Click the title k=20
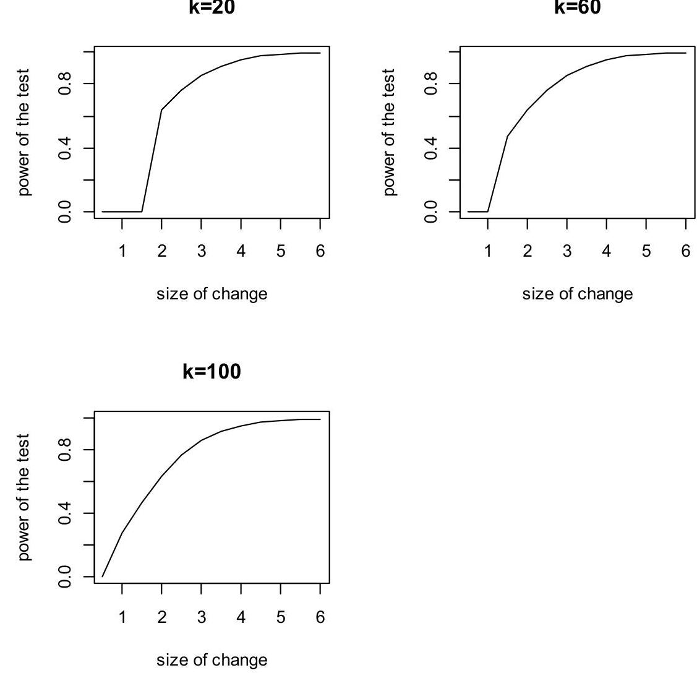212,7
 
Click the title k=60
578,7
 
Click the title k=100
212,372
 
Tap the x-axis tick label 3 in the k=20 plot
201,251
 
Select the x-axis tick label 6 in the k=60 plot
686,251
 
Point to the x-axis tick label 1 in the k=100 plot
122,617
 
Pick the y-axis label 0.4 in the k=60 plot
431,148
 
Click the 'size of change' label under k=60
578,294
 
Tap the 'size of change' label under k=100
212,659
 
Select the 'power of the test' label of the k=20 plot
24,132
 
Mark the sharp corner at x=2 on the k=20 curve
161,110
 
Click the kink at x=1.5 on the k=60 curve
508,136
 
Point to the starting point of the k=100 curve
102,577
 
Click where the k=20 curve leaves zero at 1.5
142,212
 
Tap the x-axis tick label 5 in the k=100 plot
280,617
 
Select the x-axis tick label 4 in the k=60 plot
607,251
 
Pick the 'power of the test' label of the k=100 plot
24,497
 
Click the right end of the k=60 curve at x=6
686,53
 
